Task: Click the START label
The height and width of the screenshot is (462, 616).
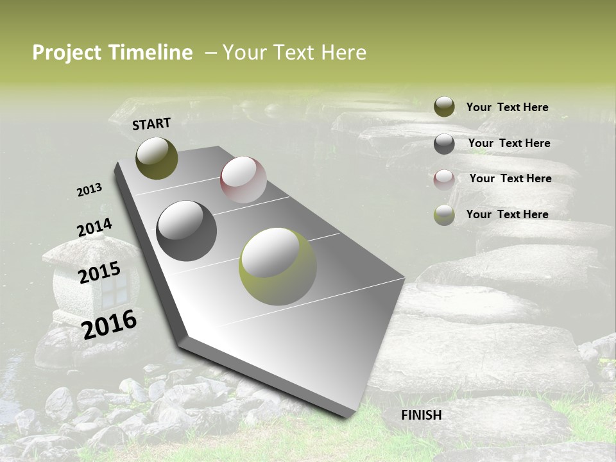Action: [151, 124]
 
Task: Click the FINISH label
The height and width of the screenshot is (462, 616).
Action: [422, 415]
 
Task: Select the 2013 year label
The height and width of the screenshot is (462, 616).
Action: [90, 190]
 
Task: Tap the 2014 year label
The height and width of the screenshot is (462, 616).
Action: [94, 228]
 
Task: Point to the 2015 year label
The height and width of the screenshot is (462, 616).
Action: [99, 273]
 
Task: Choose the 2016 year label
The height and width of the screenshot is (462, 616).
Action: [109, 324]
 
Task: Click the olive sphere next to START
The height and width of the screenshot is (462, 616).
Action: [157, 158]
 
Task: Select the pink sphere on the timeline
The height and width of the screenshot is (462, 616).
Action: [243, 180]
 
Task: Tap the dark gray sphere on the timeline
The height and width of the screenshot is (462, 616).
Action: [186, 231]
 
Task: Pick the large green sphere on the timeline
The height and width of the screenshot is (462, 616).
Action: [277, 266]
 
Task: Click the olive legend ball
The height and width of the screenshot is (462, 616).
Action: [444, 107]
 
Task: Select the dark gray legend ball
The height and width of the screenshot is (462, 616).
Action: [444, 144]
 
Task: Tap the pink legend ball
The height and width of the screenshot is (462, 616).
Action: [444, 179]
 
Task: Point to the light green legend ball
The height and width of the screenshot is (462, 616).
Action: [444, 215]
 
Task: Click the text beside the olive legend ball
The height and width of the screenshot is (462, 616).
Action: [507, 107]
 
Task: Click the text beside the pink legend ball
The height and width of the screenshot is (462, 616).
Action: [510, 178]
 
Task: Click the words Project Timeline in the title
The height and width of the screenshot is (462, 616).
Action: [112, 53]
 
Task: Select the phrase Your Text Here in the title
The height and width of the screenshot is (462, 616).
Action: [294, 53]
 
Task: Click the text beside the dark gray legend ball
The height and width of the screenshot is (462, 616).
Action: [509, 143]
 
